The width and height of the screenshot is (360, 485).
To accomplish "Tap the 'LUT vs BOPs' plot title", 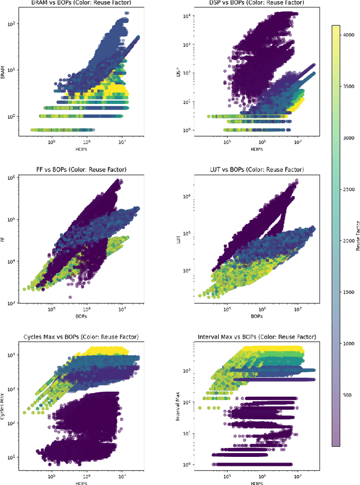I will [252, 170].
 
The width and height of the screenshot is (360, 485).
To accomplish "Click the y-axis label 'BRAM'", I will [4, 72].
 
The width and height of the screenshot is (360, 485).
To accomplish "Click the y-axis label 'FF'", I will [4, 239].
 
